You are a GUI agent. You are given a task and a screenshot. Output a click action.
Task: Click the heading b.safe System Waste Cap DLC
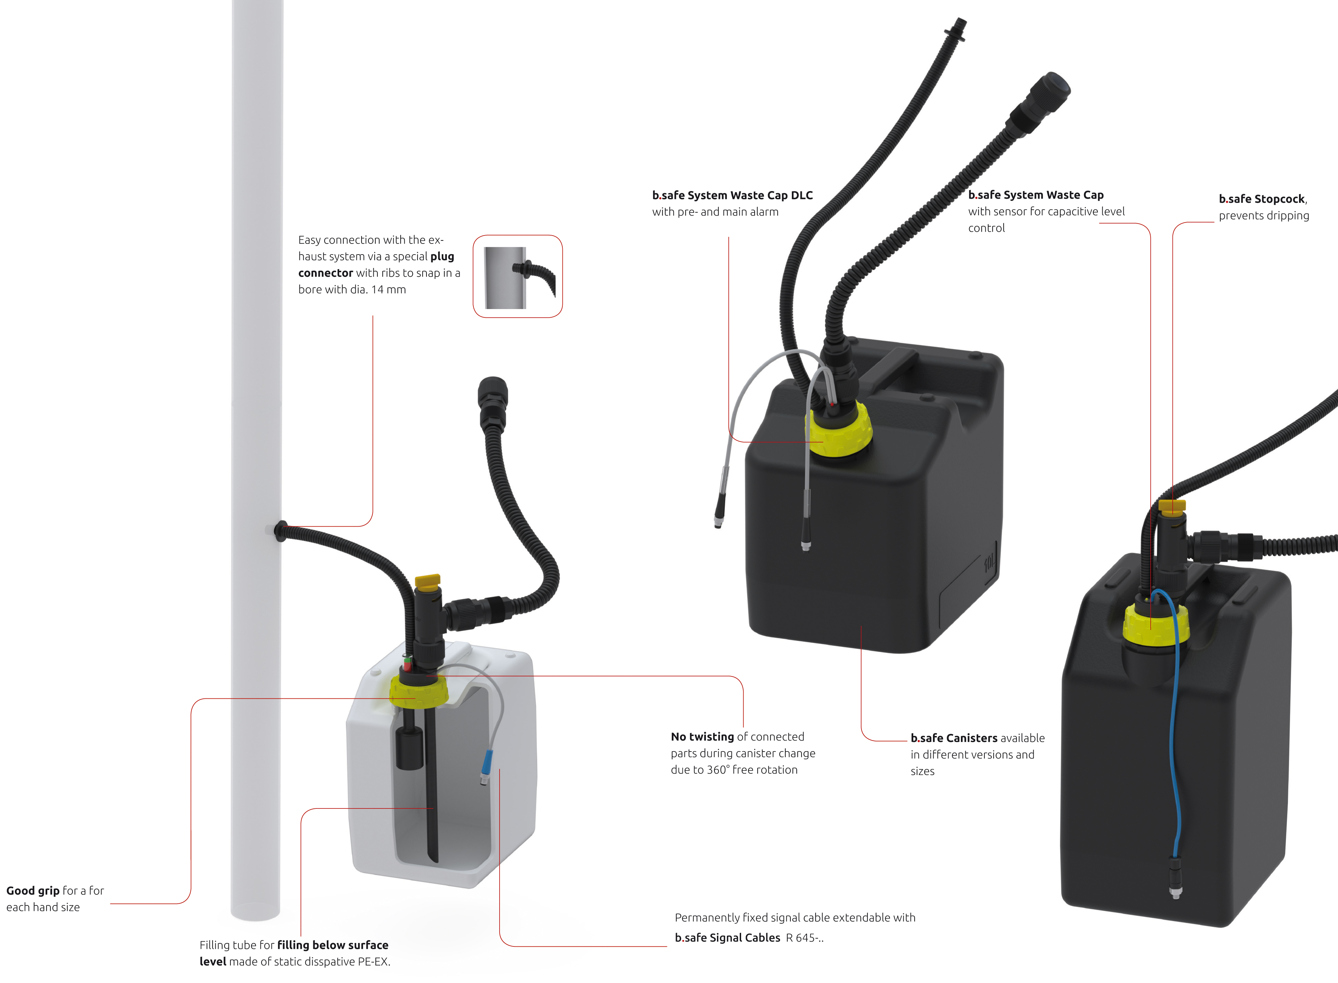click(732, 195)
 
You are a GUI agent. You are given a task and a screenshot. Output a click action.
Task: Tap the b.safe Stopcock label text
click(1262, 199)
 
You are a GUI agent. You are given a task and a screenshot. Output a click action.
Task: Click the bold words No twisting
click(702, 737)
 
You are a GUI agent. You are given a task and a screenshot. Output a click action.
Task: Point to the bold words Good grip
click(33, 891)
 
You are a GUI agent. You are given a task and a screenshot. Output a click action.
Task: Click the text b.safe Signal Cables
click(727, 938)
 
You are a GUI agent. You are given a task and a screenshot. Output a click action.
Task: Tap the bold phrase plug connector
click(376, 265)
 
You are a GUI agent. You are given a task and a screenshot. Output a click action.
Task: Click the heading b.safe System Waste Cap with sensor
click(1036, 195)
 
